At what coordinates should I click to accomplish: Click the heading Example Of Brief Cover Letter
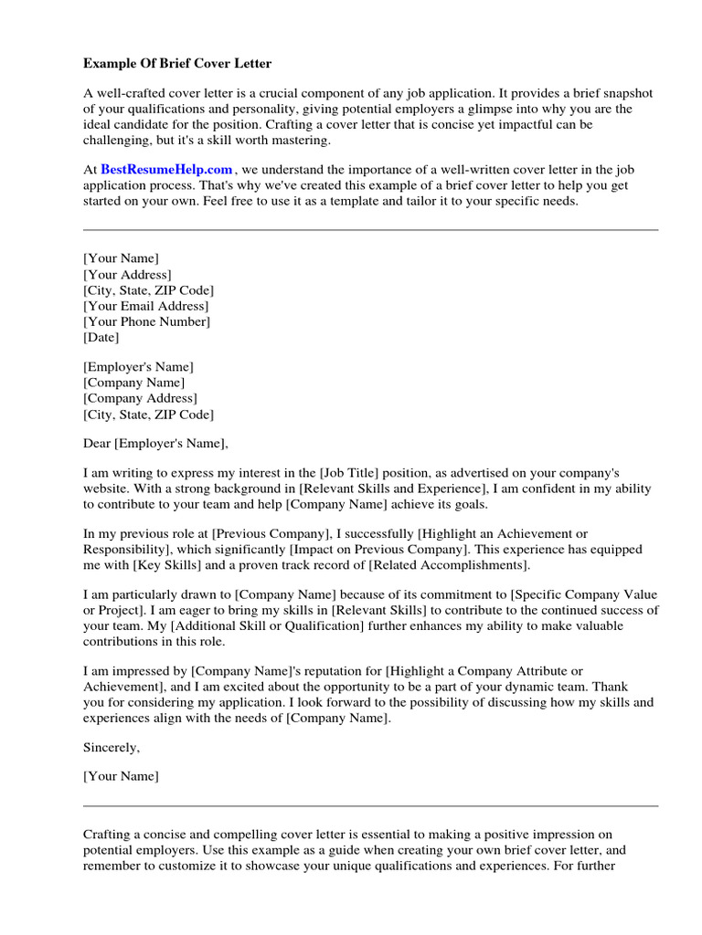[x=177, y=64]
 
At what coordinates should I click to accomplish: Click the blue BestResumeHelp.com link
[x=166, y=170]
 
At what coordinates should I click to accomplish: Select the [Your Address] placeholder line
[x=127, y=275]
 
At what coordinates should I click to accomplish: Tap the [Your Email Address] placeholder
[x=145, y=306]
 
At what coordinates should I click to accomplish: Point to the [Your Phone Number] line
[x=146, y=321]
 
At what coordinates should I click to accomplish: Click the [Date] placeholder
[x=101, y=337]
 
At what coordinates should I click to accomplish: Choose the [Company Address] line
[x=140, y=399]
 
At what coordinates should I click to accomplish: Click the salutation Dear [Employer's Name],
[x=154, y=445]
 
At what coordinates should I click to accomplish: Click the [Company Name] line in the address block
[x=133, y=383]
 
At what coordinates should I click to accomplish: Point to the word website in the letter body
[x=106, y=489]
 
